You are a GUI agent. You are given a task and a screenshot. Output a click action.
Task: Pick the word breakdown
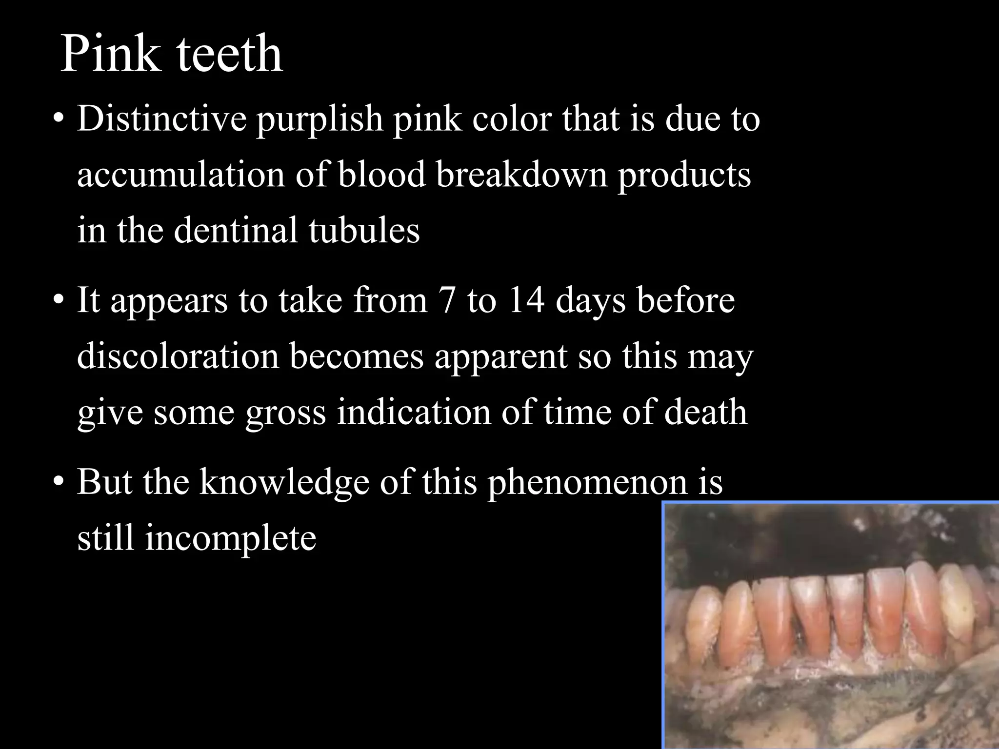[521, 175]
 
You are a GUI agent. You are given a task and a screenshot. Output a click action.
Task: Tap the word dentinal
[236, 230]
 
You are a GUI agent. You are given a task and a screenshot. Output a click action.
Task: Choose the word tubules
[364, 230]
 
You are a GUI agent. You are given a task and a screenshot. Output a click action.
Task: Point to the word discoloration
[178, 356]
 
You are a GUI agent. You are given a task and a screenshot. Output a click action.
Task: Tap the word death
[706, 412]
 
